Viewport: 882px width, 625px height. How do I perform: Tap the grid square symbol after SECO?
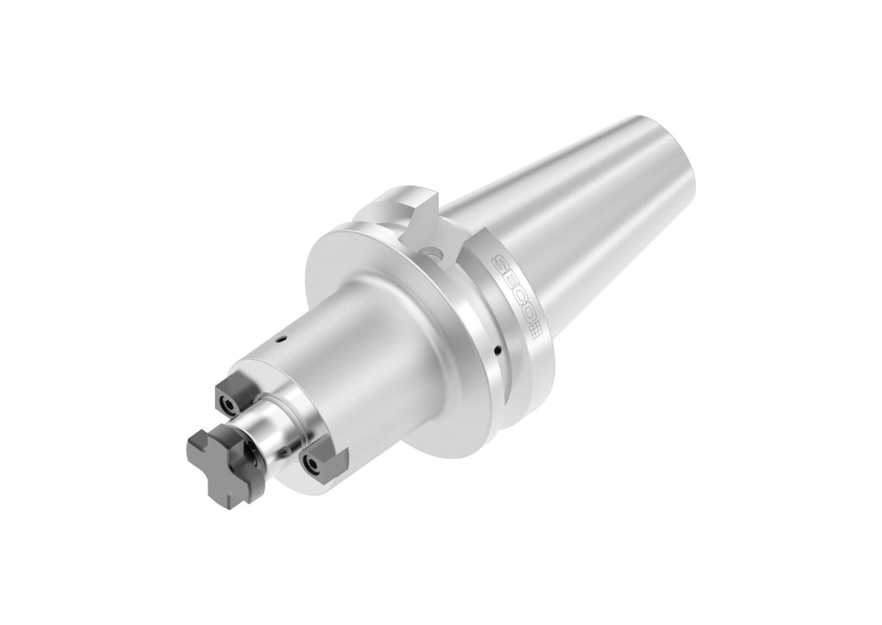tap(535, 330)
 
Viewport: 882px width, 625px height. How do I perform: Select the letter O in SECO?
tap(527, 312)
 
